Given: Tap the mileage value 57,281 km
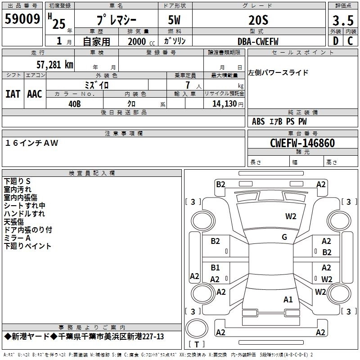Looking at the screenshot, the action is pyautogui.click(x=54, y=64).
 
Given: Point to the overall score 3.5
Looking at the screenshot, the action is pyautogui.click(x=342, y=20).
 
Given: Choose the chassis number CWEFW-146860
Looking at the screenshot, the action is pyautogui.click(x=302, y=144).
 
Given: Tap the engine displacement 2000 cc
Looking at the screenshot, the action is pyautogui.click(x=140, y=41).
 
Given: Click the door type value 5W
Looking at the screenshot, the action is pyautogui.click(x=175, y=20).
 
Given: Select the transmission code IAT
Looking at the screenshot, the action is pyautogui.click(x=13, y=94).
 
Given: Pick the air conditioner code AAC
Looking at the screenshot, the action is pyautogui.click(x=35, y=94).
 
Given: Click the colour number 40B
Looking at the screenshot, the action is pyautogui.click(x=75, y=103).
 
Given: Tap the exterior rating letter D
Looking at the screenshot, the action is pyautogui.click(x=335, y=41).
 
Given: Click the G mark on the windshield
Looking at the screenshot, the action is pyautogui.click(x=284, y=237).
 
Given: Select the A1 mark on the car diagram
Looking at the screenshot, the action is pyautogui.click(x=288, y=299).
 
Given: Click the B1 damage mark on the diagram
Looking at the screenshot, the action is pyautogui.click(x=216, y=267).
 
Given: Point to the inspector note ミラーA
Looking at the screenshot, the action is pyautogui.click(x=18, y=238).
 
